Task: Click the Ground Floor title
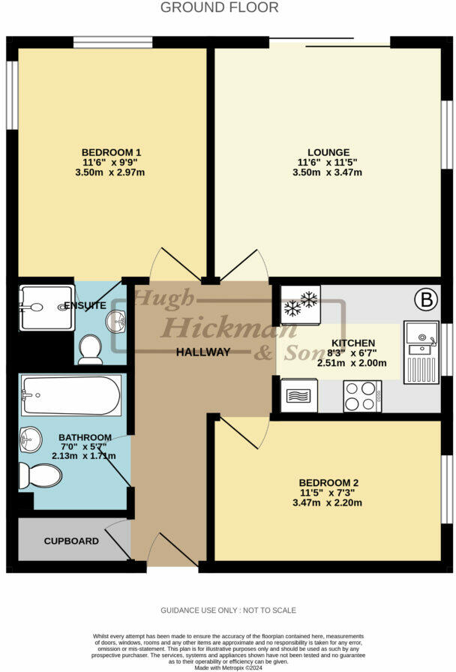click(x=220, y=7)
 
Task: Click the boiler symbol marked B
click(x=426, y=301)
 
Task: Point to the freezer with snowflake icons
click(x=300, y=304)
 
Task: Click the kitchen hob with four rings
click(x=362, y=396)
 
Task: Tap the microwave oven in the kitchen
click(x=299, y=395)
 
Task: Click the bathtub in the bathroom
click(x=70, y=396)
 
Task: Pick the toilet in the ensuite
click(x=90, y=349)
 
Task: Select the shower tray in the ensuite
click(x=46, y=307)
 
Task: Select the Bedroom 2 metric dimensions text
click(x=330, y=502)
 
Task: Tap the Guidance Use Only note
click(x=228, y=610)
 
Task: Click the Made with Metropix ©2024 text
click(x=227, y=667)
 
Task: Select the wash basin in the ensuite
click(x=115, y=322)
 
